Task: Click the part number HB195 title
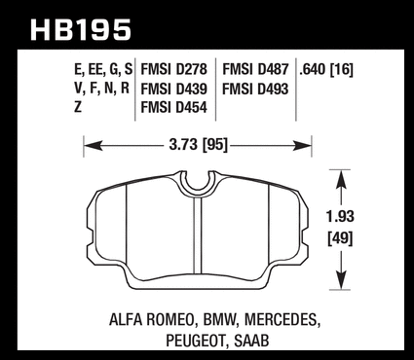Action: point(81,30)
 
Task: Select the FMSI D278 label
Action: point(173,69)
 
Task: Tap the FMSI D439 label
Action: point(173,89)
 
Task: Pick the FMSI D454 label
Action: point(173,107)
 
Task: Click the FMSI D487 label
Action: point(255,69)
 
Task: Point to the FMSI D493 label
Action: point(255,89)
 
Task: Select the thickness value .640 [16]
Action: point(326,69)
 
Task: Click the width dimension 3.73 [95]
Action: point(198,145)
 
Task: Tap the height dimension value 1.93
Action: point(340,217)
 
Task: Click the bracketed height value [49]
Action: point(340,239)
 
